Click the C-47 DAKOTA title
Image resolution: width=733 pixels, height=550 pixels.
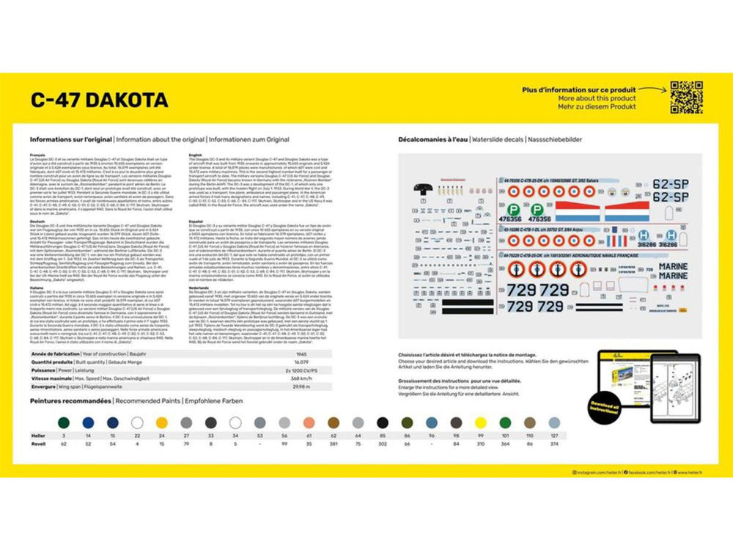tap(99, 100)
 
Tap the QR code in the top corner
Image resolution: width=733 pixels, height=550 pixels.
tap(687, 97)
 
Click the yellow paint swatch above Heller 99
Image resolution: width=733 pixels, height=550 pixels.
tap(481, 422)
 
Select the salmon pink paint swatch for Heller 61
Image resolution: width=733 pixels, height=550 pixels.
tap(309, 422)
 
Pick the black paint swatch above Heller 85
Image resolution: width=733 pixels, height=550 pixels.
tap(383, 422)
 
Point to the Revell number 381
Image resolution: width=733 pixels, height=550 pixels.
tap(334, 444)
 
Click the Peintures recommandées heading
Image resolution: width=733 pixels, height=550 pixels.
tap(70, 401)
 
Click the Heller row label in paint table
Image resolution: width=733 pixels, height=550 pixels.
tap(37, 436)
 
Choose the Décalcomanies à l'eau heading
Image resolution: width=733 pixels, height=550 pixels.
tap(432, 139)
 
